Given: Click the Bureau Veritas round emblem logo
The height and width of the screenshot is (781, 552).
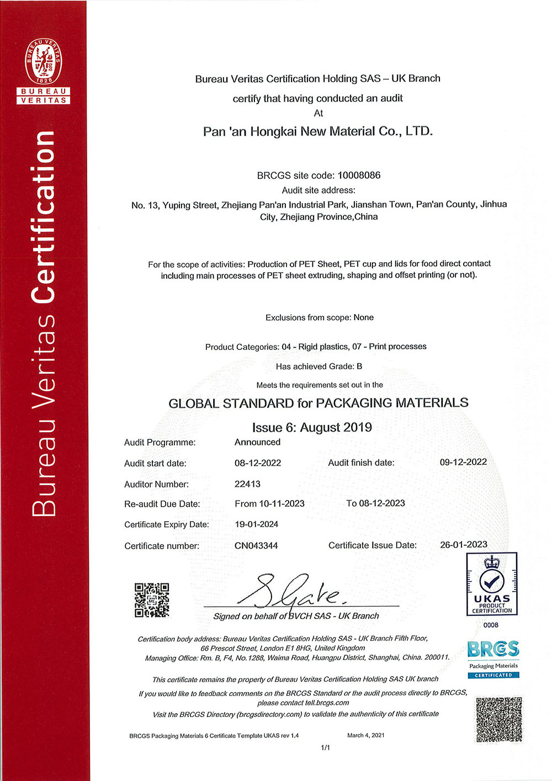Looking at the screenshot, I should click(44, 61).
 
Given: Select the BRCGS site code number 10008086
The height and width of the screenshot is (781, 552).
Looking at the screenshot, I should click(359, 176).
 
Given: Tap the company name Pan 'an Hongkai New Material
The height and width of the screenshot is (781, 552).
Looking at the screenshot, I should click(318, 131).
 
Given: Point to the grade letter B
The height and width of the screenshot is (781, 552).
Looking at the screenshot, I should click(359, 366).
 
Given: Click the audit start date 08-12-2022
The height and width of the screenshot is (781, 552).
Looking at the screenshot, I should click(258, 463).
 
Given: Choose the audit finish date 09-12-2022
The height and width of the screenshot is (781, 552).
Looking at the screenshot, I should click(463, 462).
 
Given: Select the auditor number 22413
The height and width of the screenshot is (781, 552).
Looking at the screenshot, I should click(247, 484).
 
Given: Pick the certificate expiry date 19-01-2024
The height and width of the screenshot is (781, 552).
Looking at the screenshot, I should click(257, 524).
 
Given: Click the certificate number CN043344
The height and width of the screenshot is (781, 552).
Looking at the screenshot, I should click(256, 546).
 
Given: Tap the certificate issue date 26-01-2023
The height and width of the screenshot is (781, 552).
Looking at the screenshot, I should click(464, 545).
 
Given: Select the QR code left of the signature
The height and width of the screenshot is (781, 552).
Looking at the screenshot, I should click(152, 600).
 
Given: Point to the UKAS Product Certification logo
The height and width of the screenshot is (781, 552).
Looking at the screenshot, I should click(492, 584).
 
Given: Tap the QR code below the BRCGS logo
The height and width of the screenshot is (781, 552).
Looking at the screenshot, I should click(499, 720).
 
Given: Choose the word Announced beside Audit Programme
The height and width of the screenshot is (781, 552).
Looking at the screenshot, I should click(257, 442).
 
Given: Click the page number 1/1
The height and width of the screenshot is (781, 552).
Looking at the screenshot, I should click(325, 747).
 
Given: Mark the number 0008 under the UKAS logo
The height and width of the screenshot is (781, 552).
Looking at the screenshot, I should click(491, 625).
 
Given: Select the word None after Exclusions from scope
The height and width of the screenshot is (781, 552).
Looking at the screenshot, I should click(364, 317).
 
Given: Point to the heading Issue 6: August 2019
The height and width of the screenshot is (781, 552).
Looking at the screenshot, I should click(312, 428).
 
